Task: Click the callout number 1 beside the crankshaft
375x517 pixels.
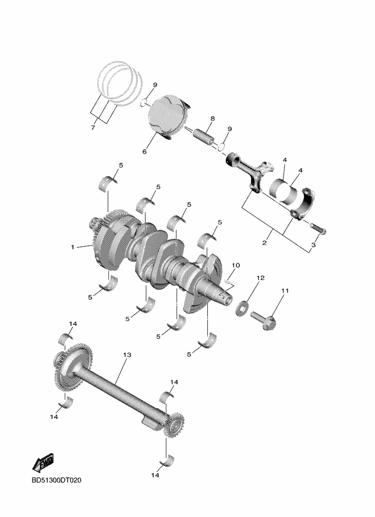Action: (x=72, y=247)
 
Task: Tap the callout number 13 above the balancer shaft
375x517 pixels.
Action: (x=127, y=355)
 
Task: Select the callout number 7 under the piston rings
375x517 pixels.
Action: (x=93, y=128)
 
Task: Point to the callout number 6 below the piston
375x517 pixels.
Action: (x=144, y=151)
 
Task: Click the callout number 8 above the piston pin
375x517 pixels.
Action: (x=213, y=118)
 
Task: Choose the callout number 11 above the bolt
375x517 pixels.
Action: (x=285, y=290)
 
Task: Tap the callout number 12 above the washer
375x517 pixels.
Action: (x=260, y=278)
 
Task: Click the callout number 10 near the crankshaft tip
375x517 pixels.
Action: (x=235, y=265)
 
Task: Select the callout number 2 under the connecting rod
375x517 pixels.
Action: (x=264, y=243)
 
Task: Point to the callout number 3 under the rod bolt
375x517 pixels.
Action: (x=313, y=245)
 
